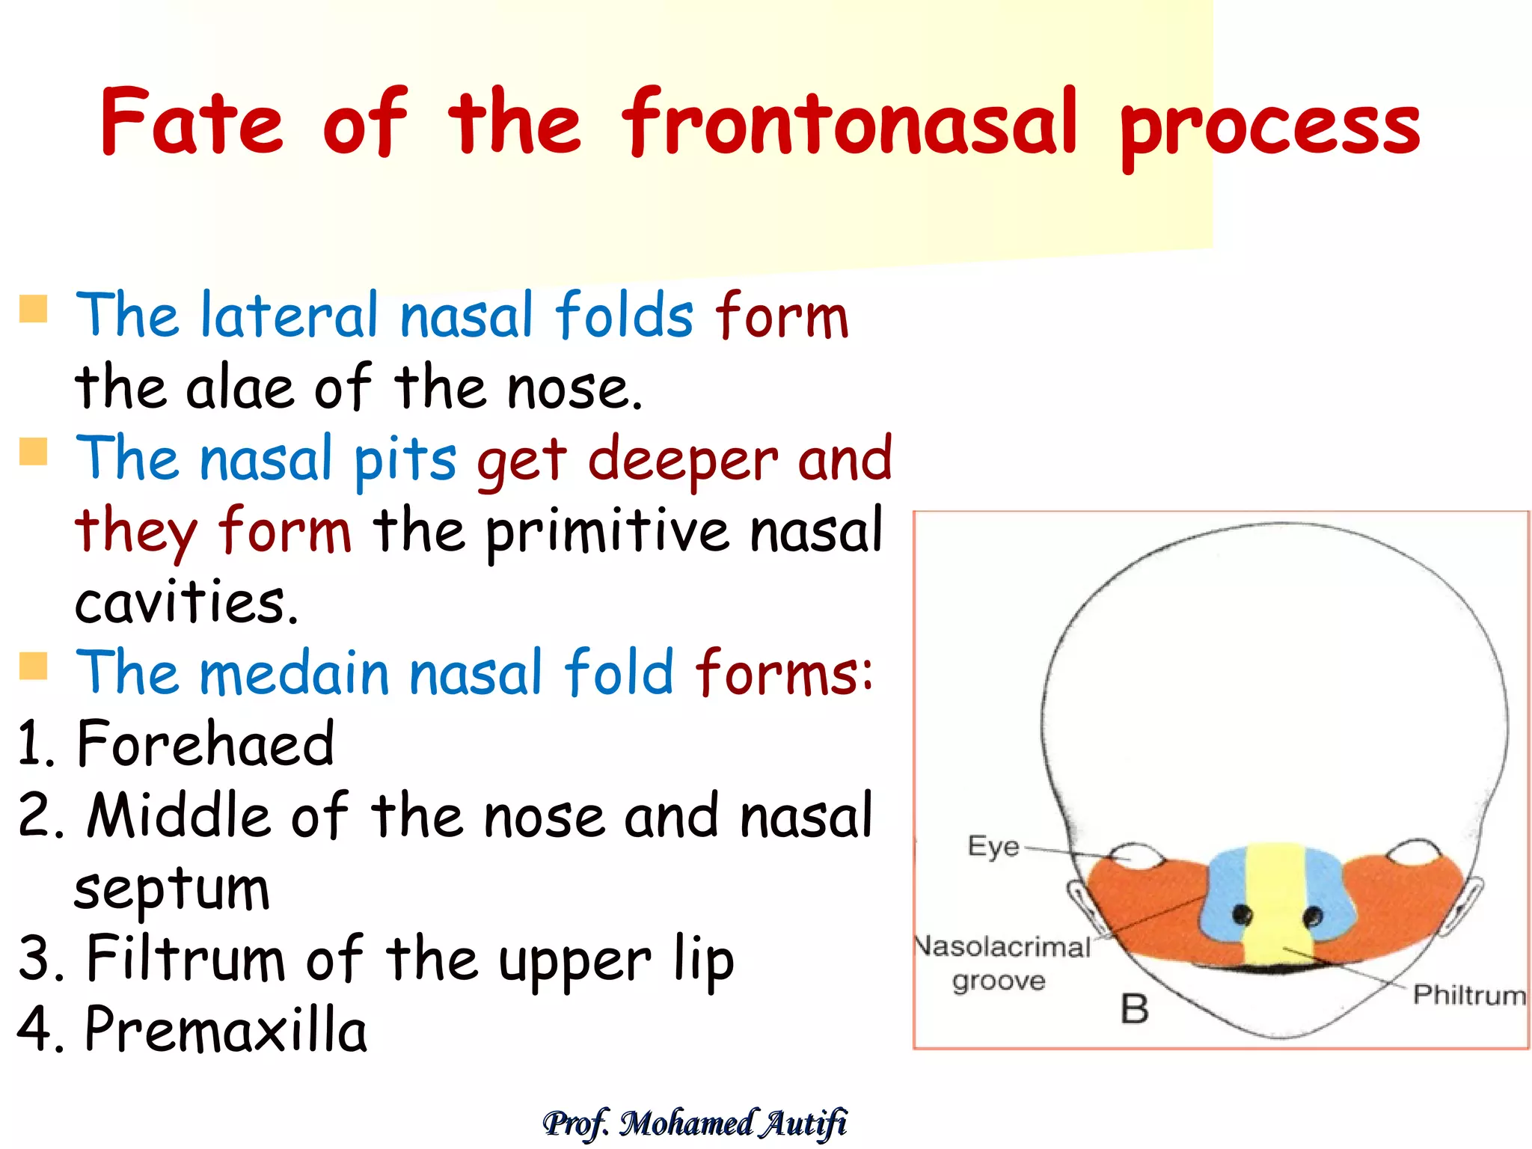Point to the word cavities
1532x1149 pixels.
(x=186, y=603)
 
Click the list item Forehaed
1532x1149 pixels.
(x=205, y=744)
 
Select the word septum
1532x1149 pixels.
(x=172, y=890)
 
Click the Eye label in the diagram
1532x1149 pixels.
(x=993, y=847)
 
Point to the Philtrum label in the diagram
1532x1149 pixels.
(x=1468, y=996)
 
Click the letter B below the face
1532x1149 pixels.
(x=1134, y=1009)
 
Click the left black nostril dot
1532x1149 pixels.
(x=1242, y=913)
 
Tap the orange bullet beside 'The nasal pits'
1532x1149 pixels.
(x=34, y=452)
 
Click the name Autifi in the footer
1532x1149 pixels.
(x=804, y=1123)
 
